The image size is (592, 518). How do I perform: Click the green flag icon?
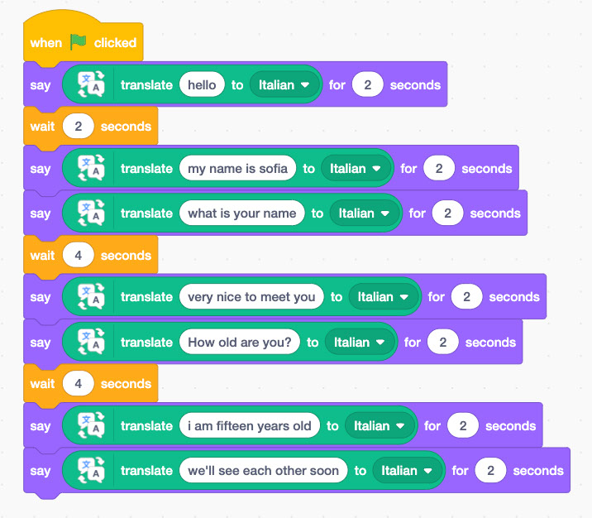point(79,41)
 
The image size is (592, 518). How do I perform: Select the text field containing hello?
point(202,84)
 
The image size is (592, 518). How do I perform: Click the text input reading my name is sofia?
point(237,168)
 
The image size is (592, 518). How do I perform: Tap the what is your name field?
point(242,213)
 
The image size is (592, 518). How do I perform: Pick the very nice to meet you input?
point(251,296)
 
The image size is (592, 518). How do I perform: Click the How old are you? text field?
point(240,342)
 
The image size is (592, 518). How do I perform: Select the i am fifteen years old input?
point(250,425)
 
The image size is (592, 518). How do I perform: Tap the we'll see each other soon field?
point(264,470)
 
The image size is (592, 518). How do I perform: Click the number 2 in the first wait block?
point(79,127)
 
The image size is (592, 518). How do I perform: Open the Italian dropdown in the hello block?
point(284,84)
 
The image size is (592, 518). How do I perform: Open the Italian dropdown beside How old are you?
point(359,342)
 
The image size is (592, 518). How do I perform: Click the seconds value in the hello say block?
point(367,84)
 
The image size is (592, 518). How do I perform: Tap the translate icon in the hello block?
point(91,84)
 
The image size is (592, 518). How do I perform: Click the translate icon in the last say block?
point(91,470)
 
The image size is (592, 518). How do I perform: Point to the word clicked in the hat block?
point(115,43)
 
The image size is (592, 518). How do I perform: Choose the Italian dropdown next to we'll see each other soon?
point(406,470)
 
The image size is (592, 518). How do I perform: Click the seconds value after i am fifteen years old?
point(463,425)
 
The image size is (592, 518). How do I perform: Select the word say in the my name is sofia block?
point(41,169)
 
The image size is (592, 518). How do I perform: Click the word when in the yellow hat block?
point(46,43)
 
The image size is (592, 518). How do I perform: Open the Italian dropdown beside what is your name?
point(364,213)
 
